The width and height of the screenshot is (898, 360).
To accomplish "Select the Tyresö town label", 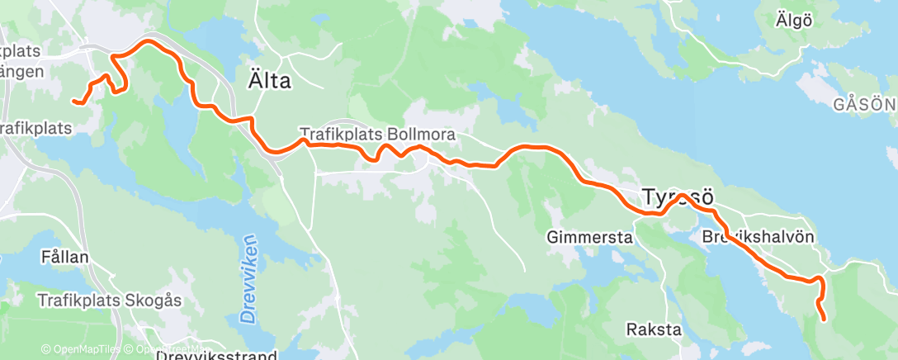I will pyautogui.click(x=677, y=197).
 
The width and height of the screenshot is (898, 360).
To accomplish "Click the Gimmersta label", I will pyautogui.click(x=588, y=238).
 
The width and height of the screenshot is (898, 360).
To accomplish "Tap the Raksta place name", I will pyautogui.click(x=654, y=329).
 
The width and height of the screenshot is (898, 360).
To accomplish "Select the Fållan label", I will pyautogui.click(x=64, y=257).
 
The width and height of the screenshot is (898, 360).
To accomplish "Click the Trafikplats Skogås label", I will pyautogui.click(x=109, y=301).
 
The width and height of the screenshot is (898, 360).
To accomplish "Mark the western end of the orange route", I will pyautogui.click(x=74, y=102).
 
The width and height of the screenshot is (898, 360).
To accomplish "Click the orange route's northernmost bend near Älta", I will pyautogui.click(x=149, y=40).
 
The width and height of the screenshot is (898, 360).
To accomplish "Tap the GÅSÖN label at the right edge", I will pyautogui.click(x=863, y=105).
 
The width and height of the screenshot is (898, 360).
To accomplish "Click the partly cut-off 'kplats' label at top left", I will pyautogui.click(x=19, y=50).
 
